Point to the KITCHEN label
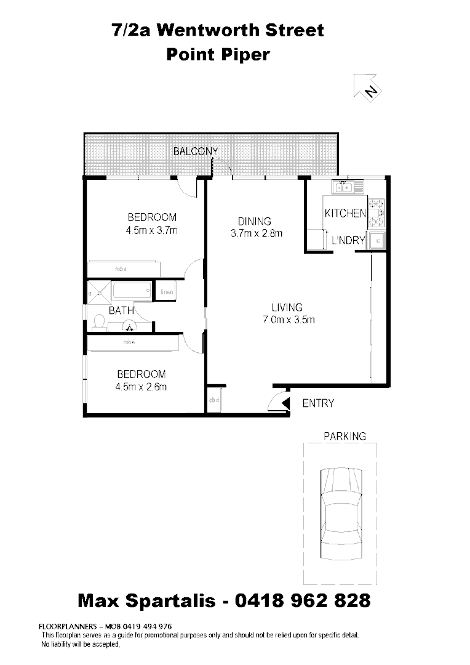345,214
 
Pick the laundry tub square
377,241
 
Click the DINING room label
255,222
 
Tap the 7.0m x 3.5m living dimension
288,320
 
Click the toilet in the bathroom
98,321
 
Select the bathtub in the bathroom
131,291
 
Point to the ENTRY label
318,404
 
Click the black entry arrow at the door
285,403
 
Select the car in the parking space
340,510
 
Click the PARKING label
345,437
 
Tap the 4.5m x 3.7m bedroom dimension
151,232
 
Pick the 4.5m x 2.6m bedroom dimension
141,387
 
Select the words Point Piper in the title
218,54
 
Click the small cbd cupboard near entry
214,401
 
